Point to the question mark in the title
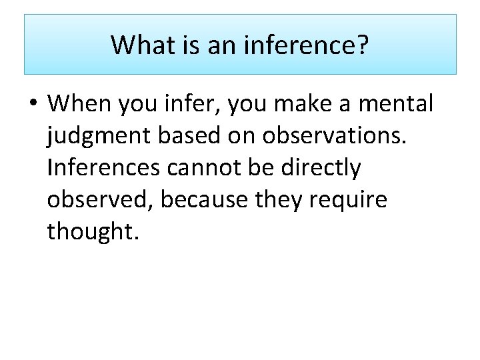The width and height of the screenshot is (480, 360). (x=363, y=45)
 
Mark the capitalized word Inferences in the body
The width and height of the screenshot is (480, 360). (x=103, y=168)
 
